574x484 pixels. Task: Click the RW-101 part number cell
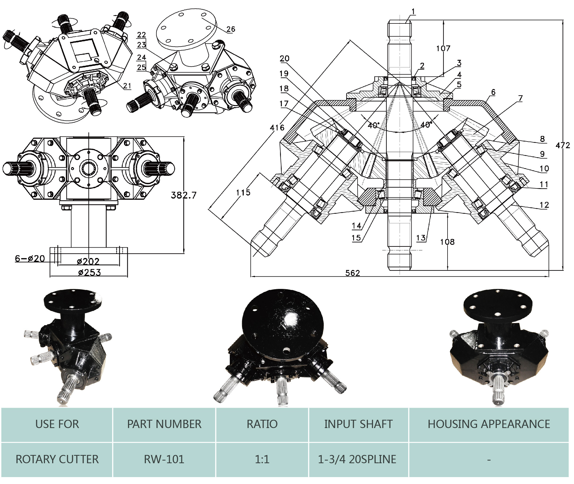pyautogui.click(x=164, y=459)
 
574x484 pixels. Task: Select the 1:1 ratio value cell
pyautogui.click(x=262, y=459)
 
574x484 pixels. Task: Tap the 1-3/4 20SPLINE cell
pyautogui.click(x=357, y=459)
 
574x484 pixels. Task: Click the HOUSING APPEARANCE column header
pyautogui.click(x=489, y=424)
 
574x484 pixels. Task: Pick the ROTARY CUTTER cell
pyautogui.click(x=57, y=459)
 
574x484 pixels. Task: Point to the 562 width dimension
pyautogui.click(x=352, y=273)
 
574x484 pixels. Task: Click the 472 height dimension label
pyautogui.click(x=563, y=146)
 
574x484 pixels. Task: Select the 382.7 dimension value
pyautogui.click(x=183, y=195)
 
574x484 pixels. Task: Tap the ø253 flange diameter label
pyautogui.click(x=89, y=272)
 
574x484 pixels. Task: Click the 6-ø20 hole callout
pyautogui.click(x=30, y=259)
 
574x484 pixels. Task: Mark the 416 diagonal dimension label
pyautogui.click(x=277, y=128)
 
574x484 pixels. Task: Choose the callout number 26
pyautogui.click(x=231, y=29)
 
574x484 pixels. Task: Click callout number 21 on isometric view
pyautogui.click(x=127, y=86)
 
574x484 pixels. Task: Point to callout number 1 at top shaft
pyautogui.click(x=413, y=11)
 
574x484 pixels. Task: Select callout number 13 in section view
pyautogui.click(x=421, y=238)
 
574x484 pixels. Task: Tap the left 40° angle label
pyautogui.click(x=373, y=125)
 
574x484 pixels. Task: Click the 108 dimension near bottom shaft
pyautogui.click(x=447, y=242)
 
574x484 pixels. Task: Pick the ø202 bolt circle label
pyautogui.click(x=88, y=261)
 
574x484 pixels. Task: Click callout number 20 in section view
pyautogui.click(x=284, y=58)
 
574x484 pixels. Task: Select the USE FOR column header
pyautogui.click(x=57, y=424)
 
